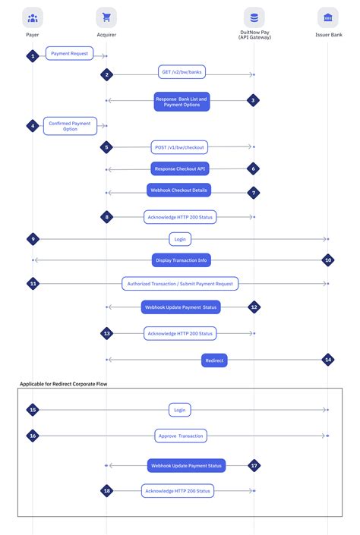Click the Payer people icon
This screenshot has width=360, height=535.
pos(33,17)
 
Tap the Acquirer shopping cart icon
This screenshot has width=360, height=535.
pos(106,17)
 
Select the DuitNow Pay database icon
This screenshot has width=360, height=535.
pos(254,17)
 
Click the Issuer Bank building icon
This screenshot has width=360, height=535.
pos(327,17)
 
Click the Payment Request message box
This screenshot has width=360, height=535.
pos(70,53)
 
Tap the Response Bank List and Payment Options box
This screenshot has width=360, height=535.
pos(182,102)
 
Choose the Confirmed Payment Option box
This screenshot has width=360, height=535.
pos(70,126)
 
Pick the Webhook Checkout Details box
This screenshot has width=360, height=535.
pos(179,190)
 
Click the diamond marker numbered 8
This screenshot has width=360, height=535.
pos(107,217)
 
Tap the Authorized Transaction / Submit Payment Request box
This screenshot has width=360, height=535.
pos(180,283)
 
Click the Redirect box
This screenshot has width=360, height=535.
pos(215,360)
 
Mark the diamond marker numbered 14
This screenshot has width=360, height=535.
pos(327,359)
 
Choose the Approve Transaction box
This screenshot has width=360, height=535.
pos(181,436)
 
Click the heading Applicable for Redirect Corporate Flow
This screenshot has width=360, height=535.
pos(63,385)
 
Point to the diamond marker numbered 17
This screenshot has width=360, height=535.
pos(254,465)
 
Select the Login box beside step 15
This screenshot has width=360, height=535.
pos(180,410)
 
